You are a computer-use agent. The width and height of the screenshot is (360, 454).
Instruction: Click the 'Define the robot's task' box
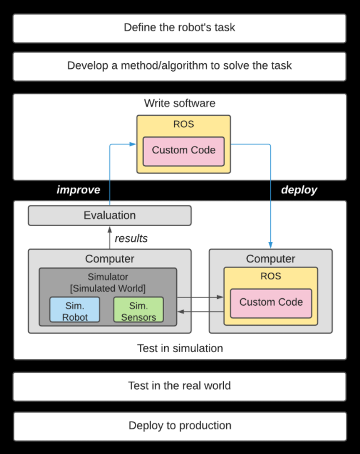tap(180, 28)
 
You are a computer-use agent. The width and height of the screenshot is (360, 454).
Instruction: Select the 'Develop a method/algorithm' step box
tap(180, 66)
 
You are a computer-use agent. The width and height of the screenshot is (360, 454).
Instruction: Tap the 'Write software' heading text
tap(180, 103)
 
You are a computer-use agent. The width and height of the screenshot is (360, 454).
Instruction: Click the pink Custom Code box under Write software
tap(184, 152)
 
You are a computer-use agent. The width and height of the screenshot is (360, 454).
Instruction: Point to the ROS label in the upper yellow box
tap(184, 124)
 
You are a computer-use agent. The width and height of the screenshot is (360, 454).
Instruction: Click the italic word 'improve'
tap(78, 190)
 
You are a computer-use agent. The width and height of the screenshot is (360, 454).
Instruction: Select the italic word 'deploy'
tap(299, 190)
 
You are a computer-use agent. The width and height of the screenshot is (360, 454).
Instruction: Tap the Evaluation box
tap(110, 216)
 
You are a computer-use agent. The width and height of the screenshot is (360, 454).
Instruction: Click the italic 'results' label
tap(131, 238)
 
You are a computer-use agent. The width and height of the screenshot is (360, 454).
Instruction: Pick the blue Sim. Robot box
tap(74, 310)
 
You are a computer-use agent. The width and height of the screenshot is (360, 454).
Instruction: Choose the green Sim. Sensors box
tap(138, 310)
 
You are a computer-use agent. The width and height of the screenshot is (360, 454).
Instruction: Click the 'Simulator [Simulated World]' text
tap(107, 282)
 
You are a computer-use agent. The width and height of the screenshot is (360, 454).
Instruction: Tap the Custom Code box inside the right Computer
tap(271, 303)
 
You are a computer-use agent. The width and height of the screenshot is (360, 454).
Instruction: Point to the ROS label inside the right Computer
tap(271, 276)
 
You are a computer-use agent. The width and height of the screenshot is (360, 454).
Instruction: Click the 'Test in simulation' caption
tap(180, 348)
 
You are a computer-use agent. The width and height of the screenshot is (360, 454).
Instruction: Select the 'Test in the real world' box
tap(180, 386)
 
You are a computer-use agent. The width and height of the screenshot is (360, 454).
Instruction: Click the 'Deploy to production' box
tap(180, 427)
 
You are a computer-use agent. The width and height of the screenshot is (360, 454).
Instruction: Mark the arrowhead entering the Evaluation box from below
tap(110, 230)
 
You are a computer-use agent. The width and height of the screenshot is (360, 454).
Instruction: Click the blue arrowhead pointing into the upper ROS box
tap(133, 144)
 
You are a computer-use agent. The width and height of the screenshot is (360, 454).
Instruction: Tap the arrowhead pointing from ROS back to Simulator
tap(181, 312)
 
